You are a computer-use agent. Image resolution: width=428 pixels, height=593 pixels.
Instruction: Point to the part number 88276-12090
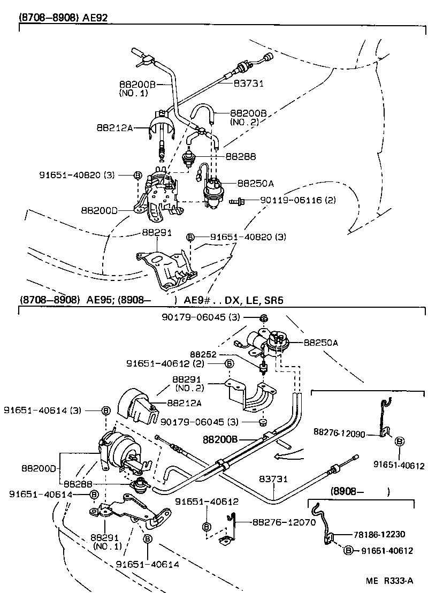coord(339,432)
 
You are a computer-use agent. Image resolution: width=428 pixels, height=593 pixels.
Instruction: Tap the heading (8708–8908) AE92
coord(64,17)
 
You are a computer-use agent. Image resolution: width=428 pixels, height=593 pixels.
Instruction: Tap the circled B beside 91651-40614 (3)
coord(105,410)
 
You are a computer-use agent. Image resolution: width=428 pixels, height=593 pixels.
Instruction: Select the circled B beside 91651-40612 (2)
coord(229,363)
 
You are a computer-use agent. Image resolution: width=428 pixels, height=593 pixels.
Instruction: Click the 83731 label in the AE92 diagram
coord(249,83)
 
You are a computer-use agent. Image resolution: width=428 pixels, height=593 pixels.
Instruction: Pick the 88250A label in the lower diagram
coord(320,342)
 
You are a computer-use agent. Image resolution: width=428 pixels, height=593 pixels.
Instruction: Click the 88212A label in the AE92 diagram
coord(114,128)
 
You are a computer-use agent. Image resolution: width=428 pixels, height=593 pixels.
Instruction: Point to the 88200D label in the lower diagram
coord(39,468)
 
